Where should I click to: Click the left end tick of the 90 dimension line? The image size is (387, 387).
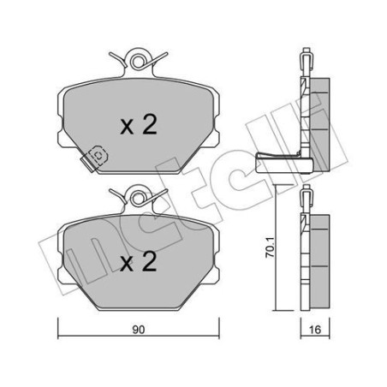click(57, 328)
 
